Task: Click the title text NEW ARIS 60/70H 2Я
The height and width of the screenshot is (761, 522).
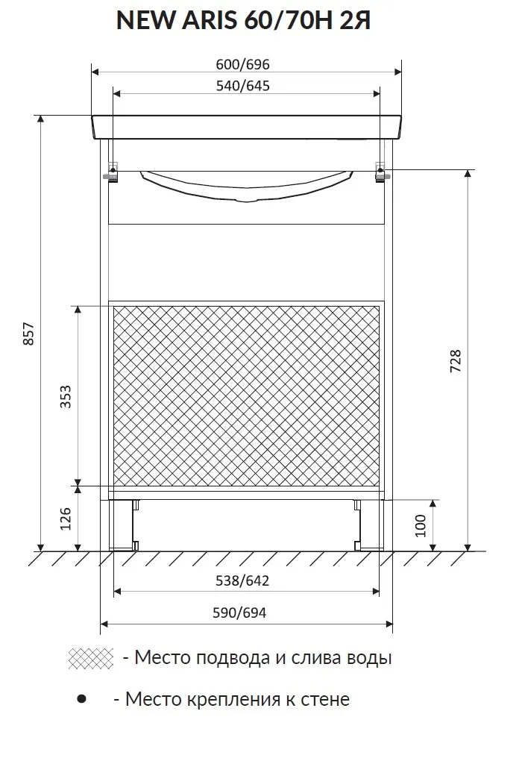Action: pyautogui.click(x=243, y=21)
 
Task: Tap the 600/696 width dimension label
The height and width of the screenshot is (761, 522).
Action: pyautogui.click(x=242, y=64)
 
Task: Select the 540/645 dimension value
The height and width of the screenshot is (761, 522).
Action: pyautogui.click(x=242, y=85)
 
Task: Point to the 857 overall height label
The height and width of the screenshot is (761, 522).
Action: pyautogui.click(x=29, y=334)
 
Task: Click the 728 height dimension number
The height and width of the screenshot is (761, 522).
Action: pyautogui.click(x=456, y=361)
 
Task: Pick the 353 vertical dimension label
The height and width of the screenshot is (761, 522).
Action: pyautogui.click(x=66, y=396)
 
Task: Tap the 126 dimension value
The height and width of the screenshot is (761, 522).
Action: pyautogui.click(x=66, y=519)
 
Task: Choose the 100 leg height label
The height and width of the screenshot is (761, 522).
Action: pyautogui.click(x=420, y=526)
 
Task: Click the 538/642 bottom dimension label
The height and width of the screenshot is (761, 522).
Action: pyautogui.click(x=242, y=580)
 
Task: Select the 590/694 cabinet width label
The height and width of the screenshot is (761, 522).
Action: pyautogui.click(x=239, y=613)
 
